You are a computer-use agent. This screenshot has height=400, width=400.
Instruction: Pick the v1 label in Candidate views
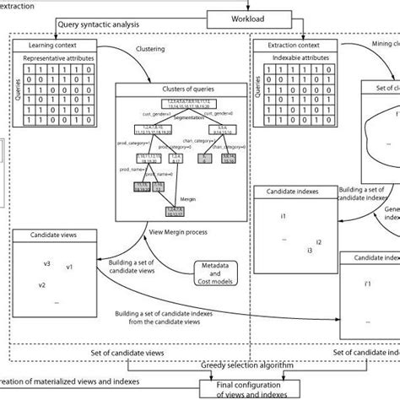coord(70,268)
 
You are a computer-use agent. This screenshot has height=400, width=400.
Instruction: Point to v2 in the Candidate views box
coord(41,284)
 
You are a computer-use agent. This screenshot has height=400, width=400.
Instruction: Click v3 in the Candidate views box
coord(47,263)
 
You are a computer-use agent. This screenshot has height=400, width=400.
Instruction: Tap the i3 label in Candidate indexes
coord(310,251)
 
